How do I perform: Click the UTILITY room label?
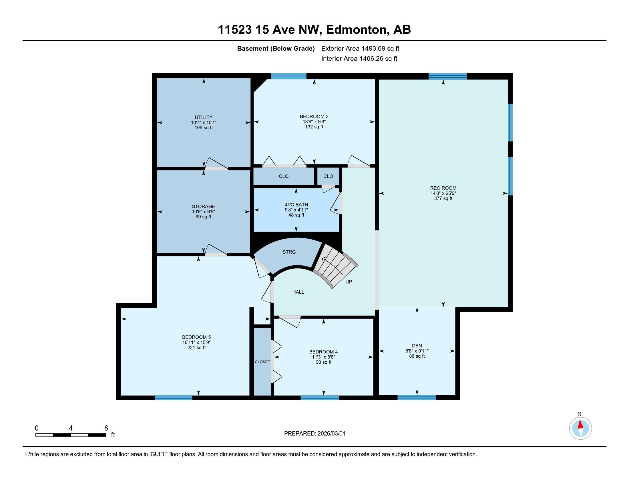click(203, 117)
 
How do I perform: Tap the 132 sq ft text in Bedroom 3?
click(314, 127)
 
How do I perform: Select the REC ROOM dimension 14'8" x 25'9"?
click(443, 193)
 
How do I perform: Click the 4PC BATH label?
click(296, 205)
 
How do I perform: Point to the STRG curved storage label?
click(289, 252)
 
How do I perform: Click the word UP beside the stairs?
click(349, 282)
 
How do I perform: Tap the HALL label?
click(298, 292)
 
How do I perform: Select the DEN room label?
click(417, 346)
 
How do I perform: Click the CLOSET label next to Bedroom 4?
click(262, 362)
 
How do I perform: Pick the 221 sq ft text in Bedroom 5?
click(196, 348)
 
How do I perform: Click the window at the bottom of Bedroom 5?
click(173, 398)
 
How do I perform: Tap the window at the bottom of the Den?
click(417, 398)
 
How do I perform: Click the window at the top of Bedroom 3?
click(288, 76)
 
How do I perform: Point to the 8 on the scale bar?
click(106, 428)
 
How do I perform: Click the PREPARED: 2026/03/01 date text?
click(314, 433)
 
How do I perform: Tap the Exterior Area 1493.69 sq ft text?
click(360, 48)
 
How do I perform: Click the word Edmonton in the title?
click(356, 30)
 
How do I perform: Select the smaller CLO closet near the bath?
click(328, 176)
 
